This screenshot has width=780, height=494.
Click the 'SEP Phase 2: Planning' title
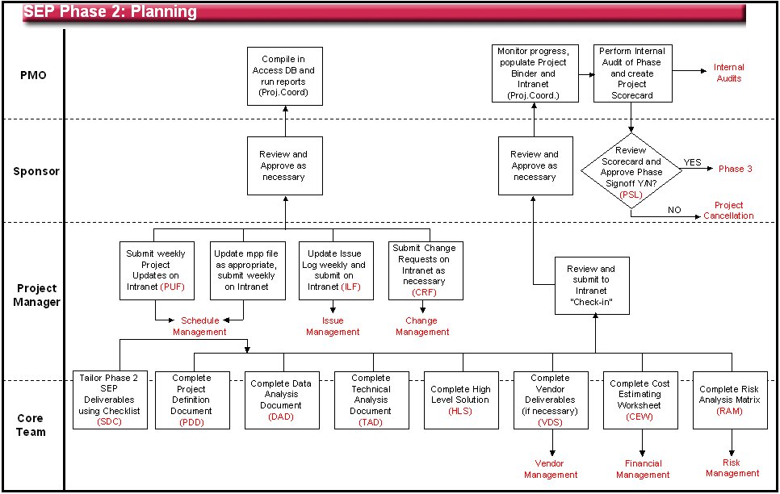point(110,11)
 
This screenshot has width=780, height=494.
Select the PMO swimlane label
point(33,75)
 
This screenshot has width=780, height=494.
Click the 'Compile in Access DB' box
point(284,75)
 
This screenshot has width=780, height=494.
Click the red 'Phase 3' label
point(735,169)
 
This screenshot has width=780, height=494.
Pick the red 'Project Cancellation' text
point(728,211)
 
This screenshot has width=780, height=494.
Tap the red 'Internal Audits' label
point(728,73)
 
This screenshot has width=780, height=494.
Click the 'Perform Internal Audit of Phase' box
point(631,73)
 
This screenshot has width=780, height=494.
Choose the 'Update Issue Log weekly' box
point(336,270)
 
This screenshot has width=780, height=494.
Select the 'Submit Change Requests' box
point(424,270)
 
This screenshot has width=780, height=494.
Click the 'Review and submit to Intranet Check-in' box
point(596,285)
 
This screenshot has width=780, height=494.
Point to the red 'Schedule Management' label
point(199,326)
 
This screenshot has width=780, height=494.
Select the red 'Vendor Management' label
point(551,469)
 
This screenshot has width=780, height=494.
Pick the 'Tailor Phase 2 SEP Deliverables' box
point(108,400)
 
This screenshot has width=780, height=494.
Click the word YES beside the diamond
point(692,161)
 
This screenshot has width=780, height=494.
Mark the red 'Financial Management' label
point(643,469)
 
